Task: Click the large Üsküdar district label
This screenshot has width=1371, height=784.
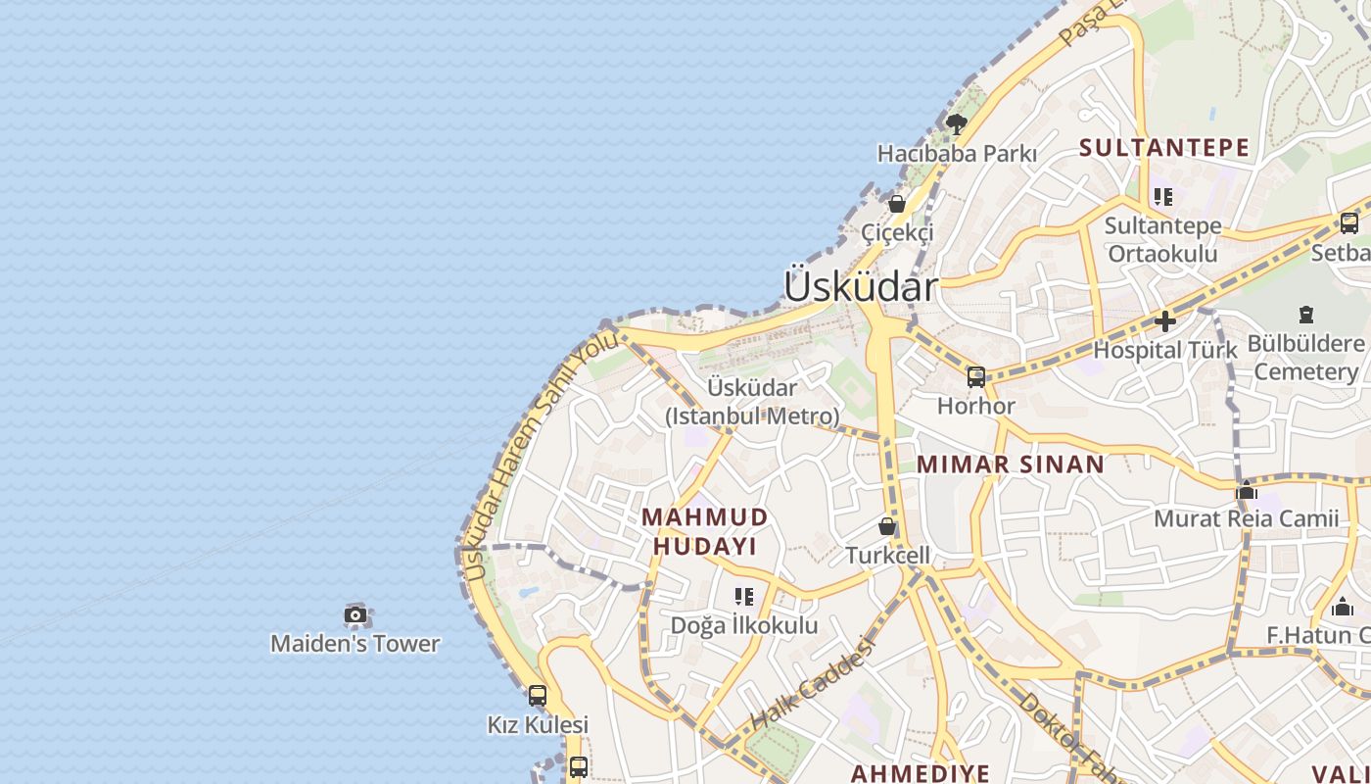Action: pos(861,287)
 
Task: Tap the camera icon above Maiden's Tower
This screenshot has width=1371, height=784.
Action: pos(355,615)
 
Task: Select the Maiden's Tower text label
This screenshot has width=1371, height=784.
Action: pos(355,644)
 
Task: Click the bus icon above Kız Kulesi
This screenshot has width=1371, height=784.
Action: pos(538,696)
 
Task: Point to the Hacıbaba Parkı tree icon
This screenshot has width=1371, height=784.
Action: pos(956,124)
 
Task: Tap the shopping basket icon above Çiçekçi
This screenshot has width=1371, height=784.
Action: pos(896,204)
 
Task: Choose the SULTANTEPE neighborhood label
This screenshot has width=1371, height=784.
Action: pos(1164,148)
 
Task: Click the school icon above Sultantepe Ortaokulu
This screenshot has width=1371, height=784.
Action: pos(1163,197)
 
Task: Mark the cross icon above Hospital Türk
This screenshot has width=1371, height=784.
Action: pos(1165,320)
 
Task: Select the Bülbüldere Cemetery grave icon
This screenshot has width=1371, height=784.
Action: pos(1305,315)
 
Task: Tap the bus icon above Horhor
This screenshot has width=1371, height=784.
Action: pos(975,377)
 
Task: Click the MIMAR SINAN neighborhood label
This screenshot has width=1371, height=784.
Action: pos(1011,465)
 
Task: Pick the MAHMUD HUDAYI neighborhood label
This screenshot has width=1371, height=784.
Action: pos(705,531)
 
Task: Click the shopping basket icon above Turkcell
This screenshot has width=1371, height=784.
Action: pos(887,526)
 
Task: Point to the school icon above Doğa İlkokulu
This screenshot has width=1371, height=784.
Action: pos(744,596)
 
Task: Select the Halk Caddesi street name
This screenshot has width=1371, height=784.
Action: pos(811,682)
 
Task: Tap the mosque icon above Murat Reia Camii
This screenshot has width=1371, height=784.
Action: pos(1247,491)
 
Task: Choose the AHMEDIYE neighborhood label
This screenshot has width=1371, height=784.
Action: pos(921,773)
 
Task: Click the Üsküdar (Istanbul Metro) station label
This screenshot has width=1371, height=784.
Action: pos(753,402)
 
